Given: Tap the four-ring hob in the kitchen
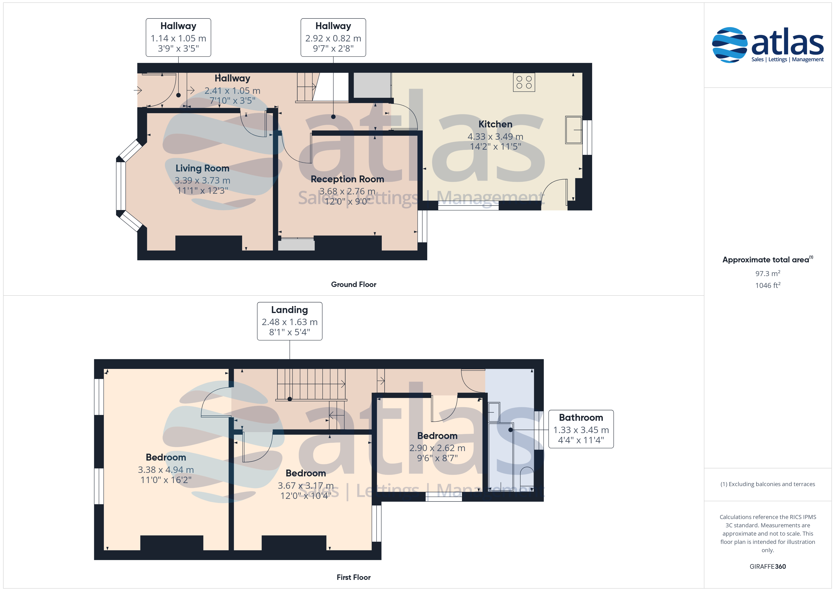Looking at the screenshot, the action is click(x=524, y=82).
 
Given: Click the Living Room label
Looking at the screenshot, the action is click(x=202, y=168).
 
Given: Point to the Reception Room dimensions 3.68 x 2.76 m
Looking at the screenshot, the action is click(x=347, y=191).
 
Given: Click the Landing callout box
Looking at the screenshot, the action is click(x=289, y=321).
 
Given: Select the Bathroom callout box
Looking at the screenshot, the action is click(x=581, y=429).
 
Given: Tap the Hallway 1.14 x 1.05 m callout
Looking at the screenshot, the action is click(x=178, y=37).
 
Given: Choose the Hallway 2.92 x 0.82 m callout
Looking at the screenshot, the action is click(x=333, y=37).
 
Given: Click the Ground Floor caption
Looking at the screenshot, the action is click(x=354, y=285).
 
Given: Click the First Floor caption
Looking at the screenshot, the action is click(x=354, y=577).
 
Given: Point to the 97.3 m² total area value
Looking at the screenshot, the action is click(x=767, y=273).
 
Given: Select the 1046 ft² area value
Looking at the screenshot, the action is click(x=767, y=285).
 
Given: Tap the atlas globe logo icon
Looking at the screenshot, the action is click(x=729, y=45).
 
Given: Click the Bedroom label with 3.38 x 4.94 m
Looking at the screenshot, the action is click(x=166, y=457).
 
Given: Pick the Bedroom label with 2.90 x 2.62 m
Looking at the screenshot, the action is click(x=437, y=436).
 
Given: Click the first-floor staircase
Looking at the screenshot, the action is click(x=311, y=385).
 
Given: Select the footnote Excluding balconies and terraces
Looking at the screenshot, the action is click(x=767, y=484).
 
